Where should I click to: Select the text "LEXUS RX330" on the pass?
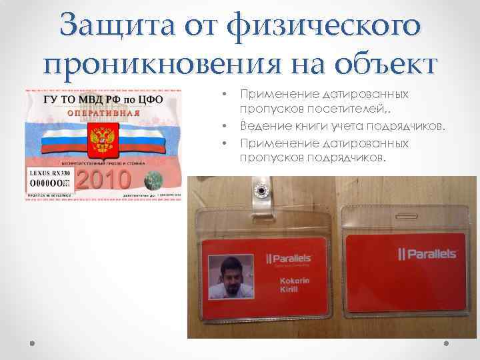pos(48,172)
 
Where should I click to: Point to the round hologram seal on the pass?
pos(153,180)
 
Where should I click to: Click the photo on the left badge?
pos(230,276)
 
